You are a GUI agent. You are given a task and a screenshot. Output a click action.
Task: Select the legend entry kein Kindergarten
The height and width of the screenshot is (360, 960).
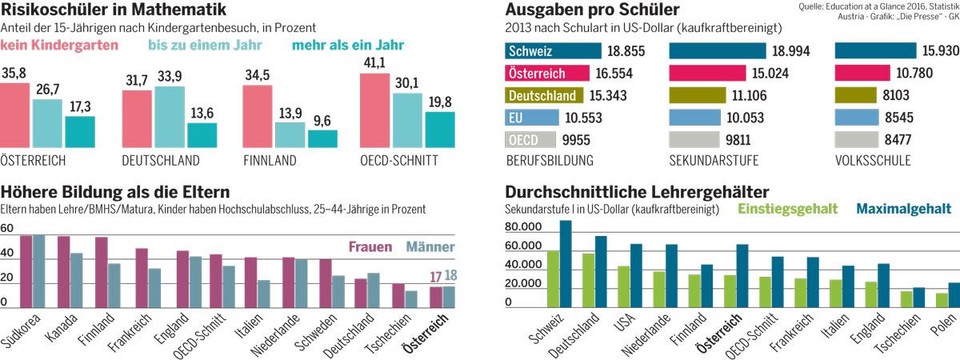[60, 46]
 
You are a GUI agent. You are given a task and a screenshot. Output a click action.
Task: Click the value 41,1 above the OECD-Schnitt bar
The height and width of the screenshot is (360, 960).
[374, 62]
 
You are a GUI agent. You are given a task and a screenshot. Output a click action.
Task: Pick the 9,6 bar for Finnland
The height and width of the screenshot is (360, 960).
[322, 139]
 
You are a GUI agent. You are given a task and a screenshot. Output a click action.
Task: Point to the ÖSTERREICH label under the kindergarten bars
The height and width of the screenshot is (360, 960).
[33, 161]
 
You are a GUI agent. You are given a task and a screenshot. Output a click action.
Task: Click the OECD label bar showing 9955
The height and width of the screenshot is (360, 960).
[527, 140]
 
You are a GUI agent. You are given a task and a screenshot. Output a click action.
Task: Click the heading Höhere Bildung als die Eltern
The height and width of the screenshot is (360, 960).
[115, 192]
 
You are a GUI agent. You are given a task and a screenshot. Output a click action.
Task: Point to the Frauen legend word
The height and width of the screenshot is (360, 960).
[370, 246]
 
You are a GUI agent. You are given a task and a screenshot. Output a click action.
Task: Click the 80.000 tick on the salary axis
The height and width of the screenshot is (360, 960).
[524, 228]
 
